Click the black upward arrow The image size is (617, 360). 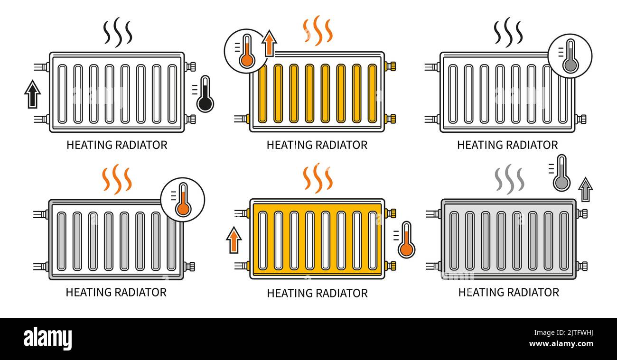[32, 94]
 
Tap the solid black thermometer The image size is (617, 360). [205, 94]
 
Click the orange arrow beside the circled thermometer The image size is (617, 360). [269, 43]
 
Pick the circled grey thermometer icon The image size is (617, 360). [570, 55]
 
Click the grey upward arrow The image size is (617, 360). [586, 189]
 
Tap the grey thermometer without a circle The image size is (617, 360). [561, 173]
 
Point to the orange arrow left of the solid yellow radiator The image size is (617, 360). [233, 240]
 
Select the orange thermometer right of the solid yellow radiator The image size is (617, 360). [406, 240]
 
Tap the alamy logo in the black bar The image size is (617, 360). [47, 339]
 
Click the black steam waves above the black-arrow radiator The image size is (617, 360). [118, 32]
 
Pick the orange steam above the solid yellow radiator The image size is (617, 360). [318, 178]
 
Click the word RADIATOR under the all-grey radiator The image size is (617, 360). [533, 292]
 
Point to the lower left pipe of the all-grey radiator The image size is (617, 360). [432, 266]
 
